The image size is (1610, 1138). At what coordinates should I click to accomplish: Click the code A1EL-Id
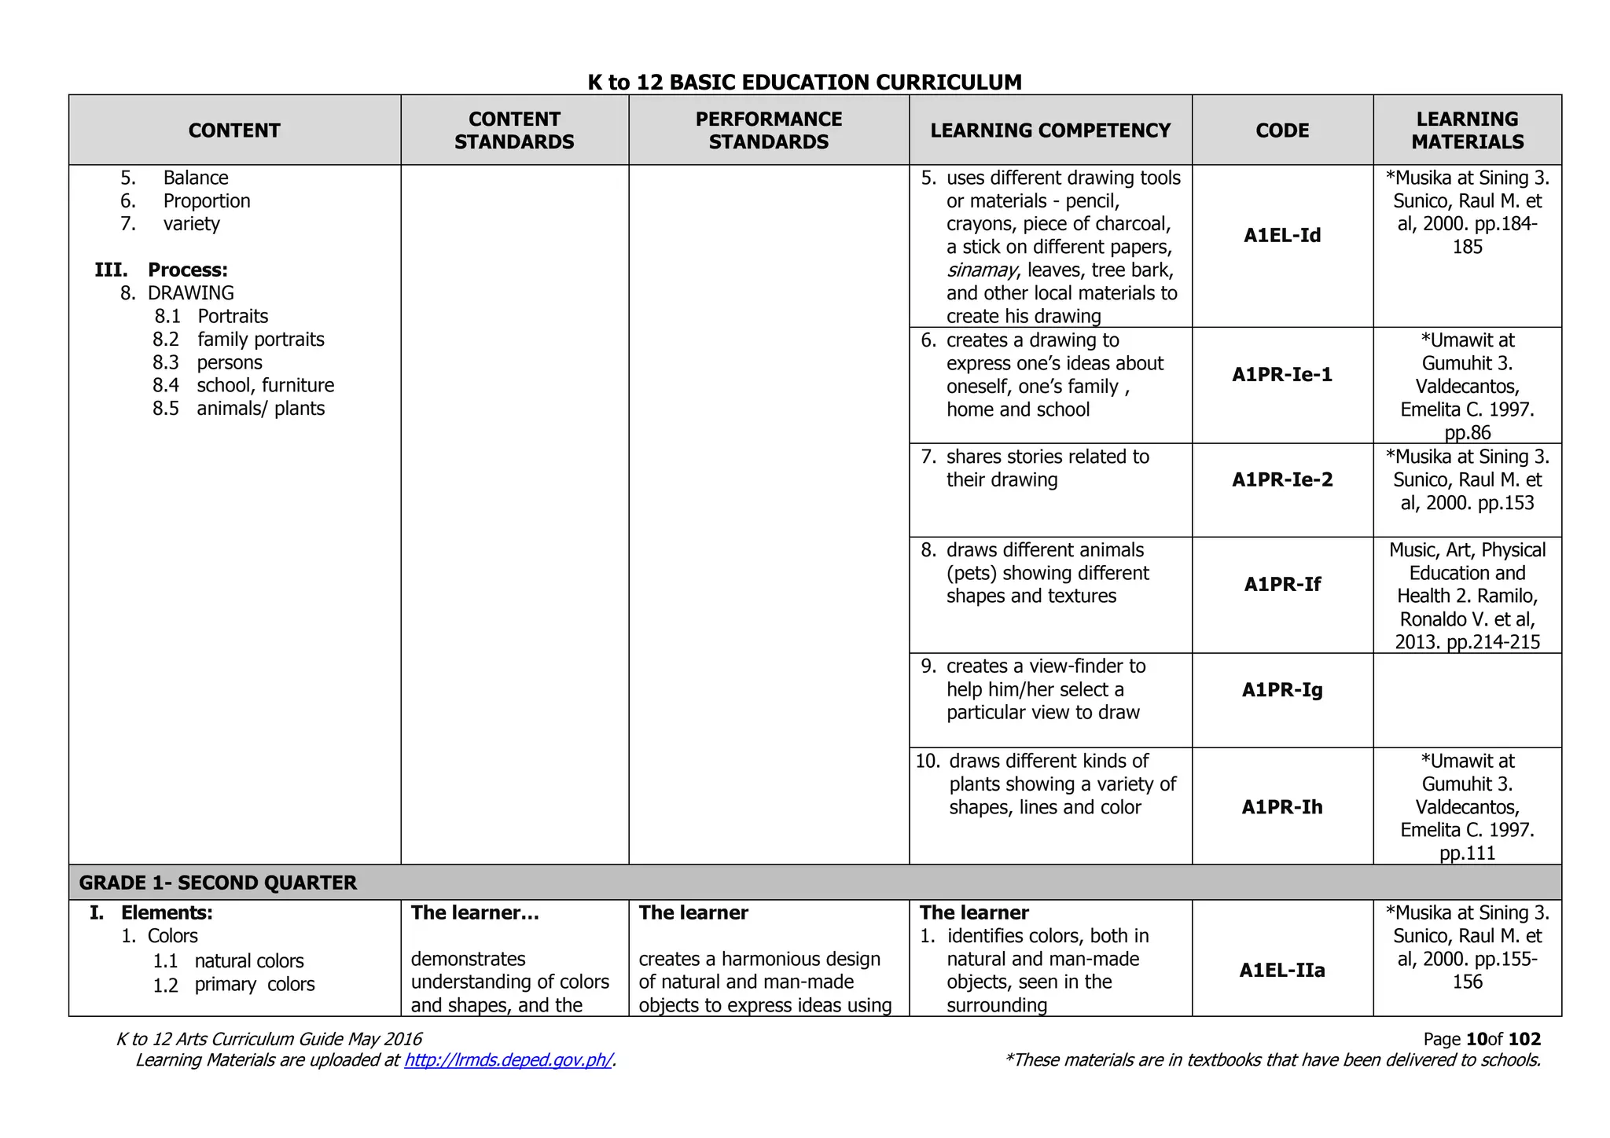coord(1282,236)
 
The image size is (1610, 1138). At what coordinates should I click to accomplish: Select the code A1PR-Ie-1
coord(1282,375)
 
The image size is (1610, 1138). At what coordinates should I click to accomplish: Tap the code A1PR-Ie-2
coord(1282,480)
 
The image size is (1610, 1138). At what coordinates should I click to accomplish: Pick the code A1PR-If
coord(1282,585)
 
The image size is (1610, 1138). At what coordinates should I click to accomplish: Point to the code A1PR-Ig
coord(1282,690)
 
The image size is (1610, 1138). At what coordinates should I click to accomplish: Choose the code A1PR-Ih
coord(1282,807)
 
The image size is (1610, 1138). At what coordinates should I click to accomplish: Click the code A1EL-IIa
coord(1282,971)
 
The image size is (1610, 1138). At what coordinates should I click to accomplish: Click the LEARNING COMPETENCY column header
coord(1050,130)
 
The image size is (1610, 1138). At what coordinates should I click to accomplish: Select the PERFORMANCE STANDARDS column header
coord(768,130)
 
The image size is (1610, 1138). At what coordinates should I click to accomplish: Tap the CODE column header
coord(1282,130)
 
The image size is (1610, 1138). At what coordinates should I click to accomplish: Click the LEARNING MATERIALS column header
coord(1467,130)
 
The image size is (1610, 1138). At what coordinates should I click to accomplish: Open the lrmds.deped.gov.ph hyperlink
coord(508,1060)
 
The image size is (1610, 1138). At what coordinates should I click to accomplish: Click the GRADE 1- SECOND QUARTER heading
coord(218,883)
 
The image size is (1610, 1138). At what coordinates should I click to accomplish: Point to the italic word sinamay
coord(981,270)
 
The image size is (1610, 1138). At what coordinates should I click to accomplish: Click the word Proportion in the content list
coord(207,201)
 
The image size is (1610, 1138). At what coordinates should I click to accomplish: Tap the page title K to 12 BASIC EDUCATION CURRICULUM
coord(804,82)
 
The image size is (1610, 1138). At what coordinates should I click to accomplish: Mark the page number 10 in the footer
coord(1476,1039)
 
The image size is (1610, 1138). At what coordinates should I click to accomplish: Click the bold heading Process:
coord(188,270)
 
